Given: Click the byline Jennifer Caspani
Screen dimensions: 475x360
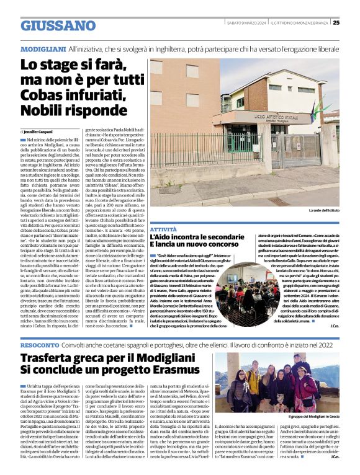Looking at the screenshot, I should click(42, 132).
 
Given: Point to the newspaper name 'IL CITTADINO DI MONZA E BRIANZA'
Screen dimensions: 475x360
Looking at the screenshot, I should click(302, 23).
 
